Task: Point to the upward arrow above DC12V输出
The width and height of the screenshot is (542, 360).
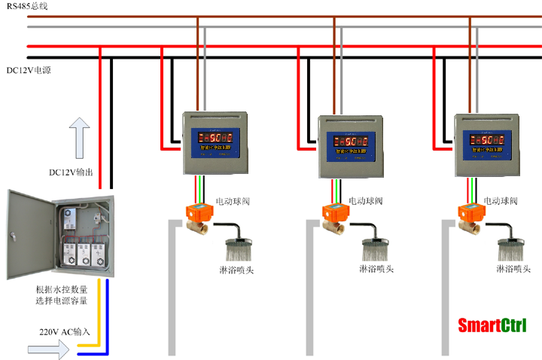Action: point(79,136)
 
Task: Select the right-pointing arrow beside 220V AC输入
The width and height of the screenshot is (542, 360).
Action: point(52,349)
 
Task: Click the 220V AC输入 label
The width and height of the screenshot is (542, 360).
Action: point(65,331)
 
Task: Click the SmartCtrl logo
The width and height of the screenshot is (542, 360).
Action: point(492,325)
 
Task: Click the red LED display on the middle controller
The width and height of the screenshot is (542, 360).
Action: point(349,140)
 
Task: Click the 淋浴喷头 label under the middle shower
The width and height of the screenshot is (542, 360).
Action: point(377,269)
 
